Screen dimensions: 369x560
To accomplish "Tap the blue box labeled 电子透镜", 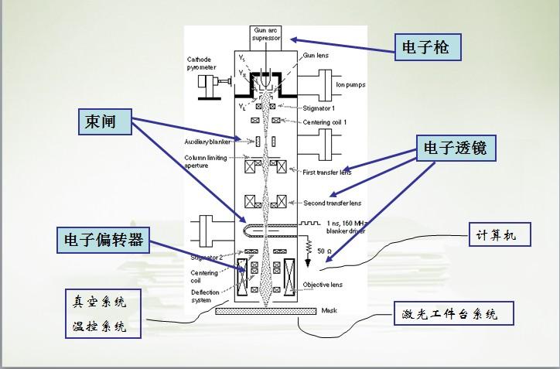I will (455, 149).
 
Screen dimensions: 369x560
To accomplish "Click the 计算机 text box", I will (500, 234).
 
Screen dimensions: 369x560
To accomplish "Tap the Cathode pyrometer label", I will (204, 63).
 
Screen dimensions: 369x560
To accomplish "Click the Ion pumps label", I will (350, 84).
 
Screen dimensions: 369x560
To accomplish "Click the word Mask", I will (329, 310).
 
